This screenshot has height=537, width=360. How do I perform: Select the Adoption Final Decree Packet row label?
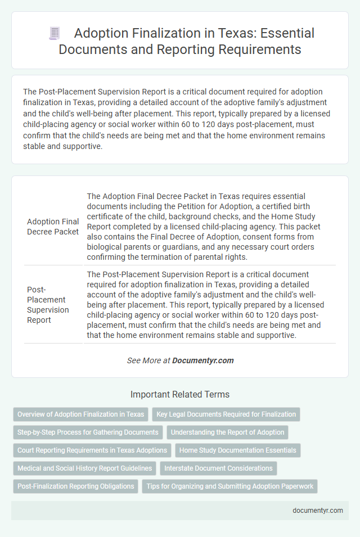pyautogui.click(x=53, y=225)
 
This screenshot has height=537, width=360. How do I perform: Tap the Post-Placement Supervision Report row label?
pyautogui.click(x=48, y=304)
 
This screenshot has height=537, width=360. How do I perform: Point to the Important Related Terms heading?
pyautogui.click(x=179, y=394)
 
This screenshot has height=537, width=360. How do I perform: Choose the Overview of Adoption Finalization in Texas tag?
pyautogui.click(x=80, y=414)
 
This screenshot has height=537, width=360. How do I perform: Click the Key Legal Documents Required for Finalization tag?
pyautogui.click(x=226, y=414)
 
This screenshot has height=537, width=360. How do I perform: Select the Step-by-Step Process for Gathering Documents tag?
pyautogui.click(x=88, y=432)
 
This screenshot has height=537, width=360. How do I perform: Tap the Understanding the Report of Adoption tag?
pyautogui.click(x=228, y=432)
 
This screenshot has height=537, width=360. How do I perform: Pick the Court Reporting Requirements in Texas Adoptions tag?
pyautogui.click(x=92, y=450)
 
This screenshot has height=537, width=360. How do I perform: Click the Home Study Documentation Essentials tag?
pyautogui.click(x=238, y=450)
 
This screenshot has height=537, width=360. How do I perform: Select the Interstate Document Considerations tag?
pyautogui.click(x=218, y=468)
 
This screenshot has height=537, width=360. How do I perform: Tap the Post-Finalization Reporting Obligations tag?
pyautogui.click(x=75, y=486)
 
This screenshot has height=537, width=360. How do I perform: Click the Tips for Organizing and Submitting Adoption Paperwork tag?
pyautogui.click(x=229, y=486)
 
